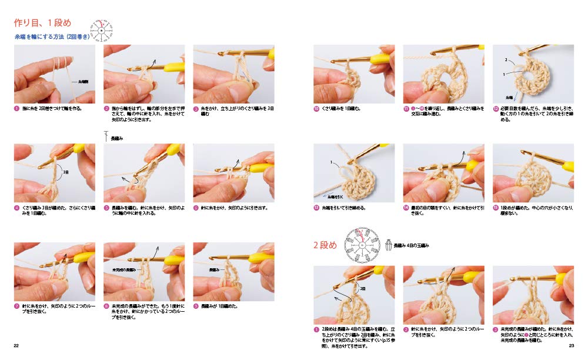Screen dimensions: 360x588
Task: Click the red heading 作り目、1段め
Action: pos(42,24)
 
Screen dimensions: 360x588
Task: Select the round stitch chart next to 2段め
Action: pos(360,244)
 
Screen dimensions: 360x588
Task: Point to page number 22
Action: pos(17,345)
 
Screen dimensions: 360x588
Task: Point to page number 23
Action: pos(571,345)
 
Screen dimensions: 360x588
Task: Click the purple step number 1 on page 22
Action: pos(17,109)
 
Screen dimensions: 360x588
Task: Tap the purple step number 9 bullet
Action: pos(196,306)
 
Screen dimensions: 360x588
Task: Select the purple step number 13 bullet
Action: pos(316,208)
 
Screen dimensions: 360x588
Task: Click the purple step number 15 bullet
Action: pos(496,208)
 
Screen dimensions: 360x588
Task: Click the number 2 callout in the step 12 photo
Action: pos(506,61)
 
